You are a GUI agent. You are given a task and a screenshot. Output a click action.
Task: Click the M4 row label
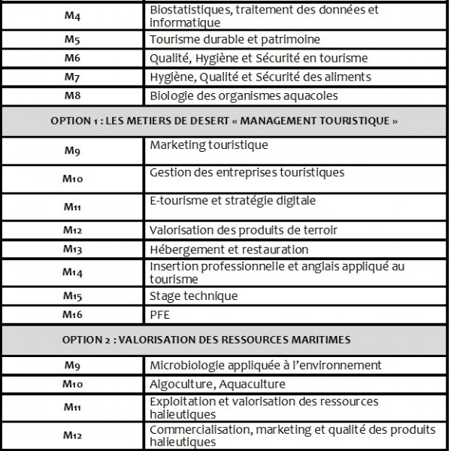tap(72, 17)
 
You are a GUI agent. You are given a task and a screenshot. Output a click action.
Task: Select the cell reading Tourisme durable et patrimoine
tap(235, 39)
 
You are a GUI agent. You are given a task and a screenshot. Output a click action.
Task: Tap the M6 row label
tap(72, 58)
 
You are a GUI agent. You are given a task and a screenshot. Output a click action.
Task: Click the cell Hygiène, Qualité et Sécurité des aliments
tap(260, 77)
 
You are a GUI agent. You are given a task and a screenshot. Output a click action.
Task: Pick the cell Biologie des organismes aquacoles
tap(244, 95)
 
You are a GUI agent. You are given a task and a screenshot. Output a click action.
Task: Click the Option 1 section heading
tap(223, 121)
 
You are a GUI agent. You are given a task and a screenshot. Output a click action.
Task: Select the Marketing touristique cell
tap(209, 145)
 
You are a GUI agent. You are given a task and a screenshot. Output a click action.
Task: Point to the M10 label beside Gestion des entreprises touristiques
tap(72, 179)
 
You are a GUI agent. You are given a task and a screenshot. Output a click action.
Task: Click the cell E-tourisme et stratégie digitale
tap(232, 201)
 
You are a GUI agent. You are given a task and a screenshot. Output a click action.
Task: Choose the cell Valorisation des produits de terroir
tap(244, 230)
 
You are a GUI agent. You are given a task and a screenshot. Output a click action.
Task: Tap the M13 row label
tap(72, 249)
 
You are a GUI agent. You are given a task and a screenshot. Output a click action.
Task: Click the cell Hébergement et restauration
tap(229, 250)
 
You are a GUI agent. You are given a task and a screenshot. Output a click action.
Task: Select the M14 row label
tap(72, 272)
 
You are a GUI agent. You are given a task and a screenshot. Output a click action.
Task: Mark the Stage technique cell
tap(194, 296)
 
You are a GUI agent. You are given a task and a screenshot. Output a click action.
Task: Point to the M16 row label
tap(72, 315)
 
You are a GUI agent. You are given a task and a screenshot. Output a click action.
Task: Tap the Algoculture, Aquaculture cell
tap(218, 384)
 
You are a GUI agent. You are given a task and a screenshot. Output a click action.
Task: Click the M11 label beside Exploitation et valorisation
tap(72, 407)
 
